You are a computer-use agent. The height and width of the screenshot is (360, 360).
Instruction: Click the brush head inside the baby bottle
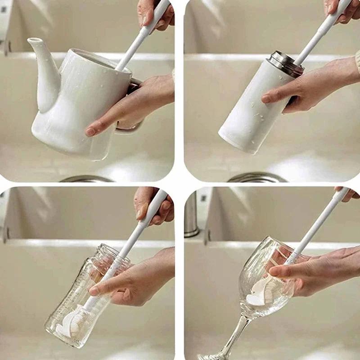coord(72,321)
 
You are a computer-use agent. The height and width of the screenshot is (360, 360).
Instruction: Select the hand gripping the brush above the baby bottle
coord(153,207)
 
